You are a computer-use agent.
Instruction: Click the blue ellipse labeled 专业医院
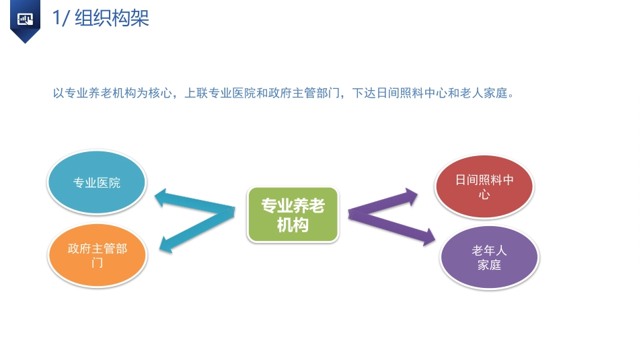[96, 182]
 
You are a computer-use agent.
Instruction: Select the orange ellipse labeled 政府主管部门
[98, 255]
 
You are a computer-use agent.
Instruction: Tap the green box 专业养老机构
[293, 215]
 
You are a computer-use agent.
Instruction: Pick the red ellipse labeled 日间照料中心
[484, 186]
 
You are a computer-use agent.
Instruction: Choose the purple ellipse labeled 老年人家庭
[489, 258]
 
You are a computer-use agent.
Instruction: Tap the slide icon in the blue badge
[26, 19]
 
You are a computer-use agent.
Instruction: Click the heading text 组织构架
[112, 17]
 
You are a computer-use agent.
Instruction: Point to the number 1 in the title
[57, 17]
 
